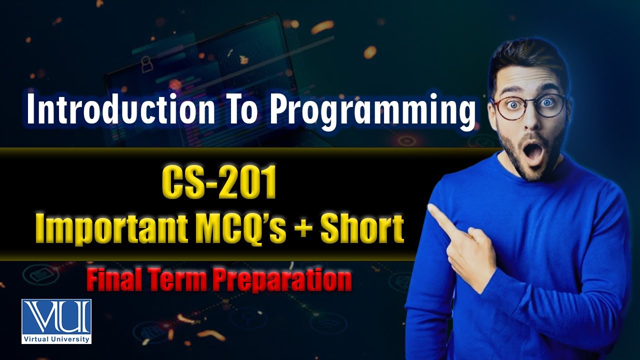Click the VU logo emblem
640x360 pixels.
pyautogui.click(x=56, y=316)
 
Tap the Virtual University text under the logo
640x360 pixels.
pyautogui.click(x=56, y=339)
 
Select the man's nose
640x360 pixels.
pyautogui.click(x=530, y=122)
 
